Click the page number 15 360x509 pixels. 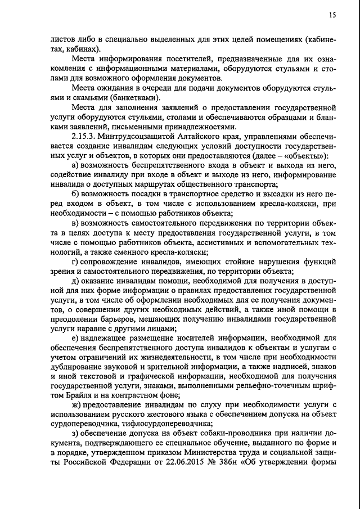tap(333, 16)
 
